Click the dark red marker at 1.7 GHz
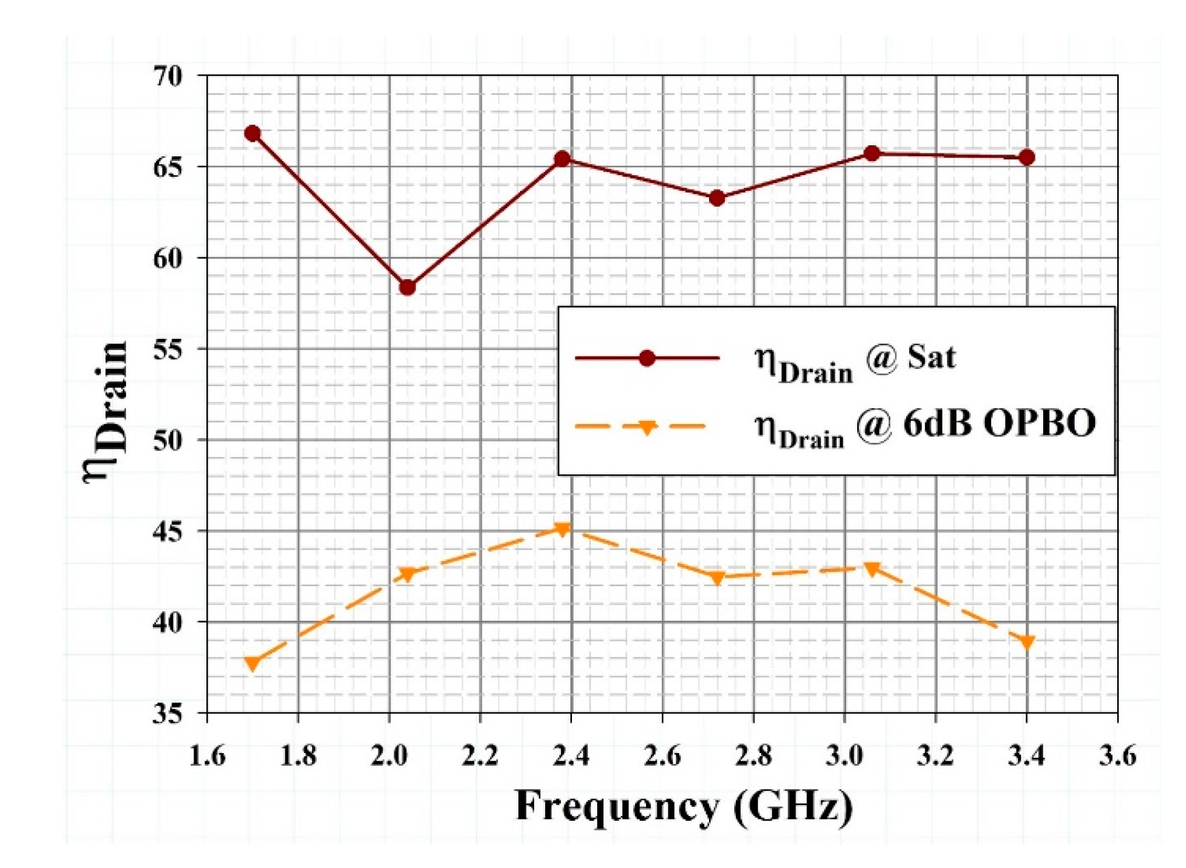coord(252,134)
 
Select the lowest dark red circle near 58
coord(408,288)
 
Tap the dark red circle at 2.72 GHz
coord(717,199)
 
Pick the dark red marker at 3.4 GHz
coord(1027,157)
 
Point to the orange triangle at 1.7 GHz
coord(252,663)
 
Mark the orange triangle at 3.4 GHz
coord(1027,642)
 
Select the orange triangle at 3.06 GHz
coord(872,569)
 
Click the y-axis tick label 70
coord(167,75)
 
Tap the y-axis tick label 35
coord(167,713)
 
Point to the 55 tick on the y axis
coord(167,349)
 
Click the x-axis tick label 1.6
coord(208,756)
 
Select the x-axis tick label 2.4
coord(571,756)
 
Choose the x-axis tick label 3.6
coord(1117,756)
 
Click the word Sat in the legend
coord(931,357)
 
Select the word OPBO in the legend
coord(1039,423)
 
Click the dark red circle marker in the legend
coord(647,358)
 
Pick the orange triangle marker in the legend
coord(646,428)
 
